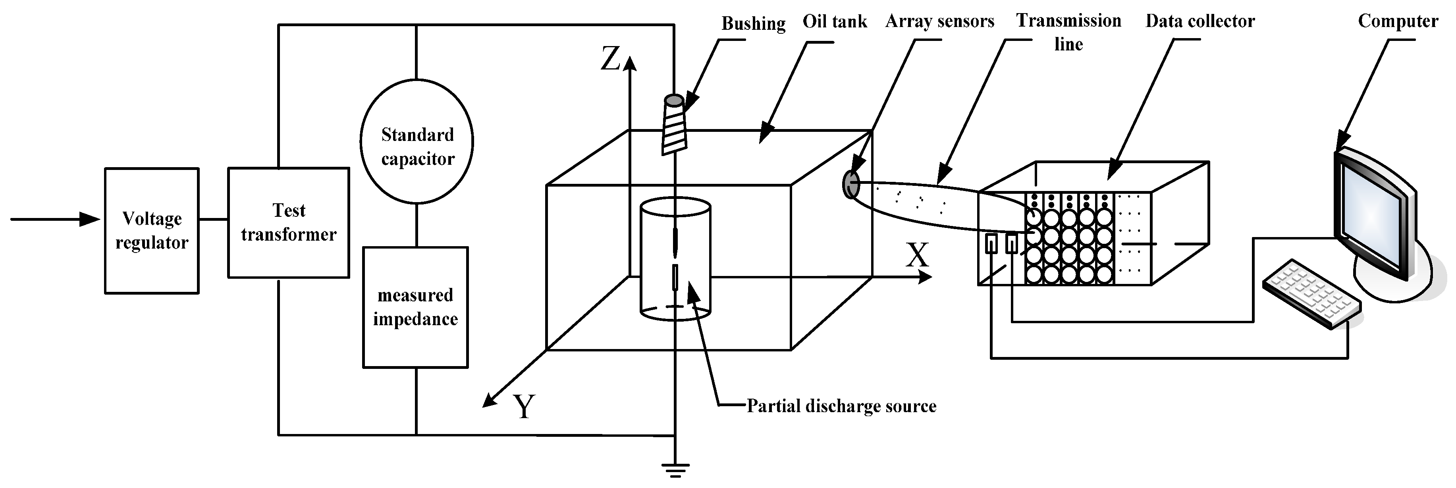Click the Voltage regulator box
(x=152, y=231)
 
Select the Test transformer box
(x=288, y=222)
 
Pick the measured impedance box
(x=415, y=307)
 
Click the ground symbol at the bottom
(x=675, y=470)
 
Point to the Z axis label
(x=610, y=59)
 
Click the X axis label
(x=917, y=256)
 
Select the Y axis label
(x=524, y=407)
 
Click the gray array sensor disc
(x=850, y=184)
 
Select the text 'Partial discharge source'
(x=841, y=406)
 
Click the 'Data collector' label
(x=1200, y=21)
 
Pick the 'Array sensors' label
(x=939, y=21)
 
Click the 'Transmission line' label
(x=1068, y=32)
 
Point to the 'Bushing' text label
(x=753, y=24)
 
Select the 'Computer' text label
(x=1398, y=21)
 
